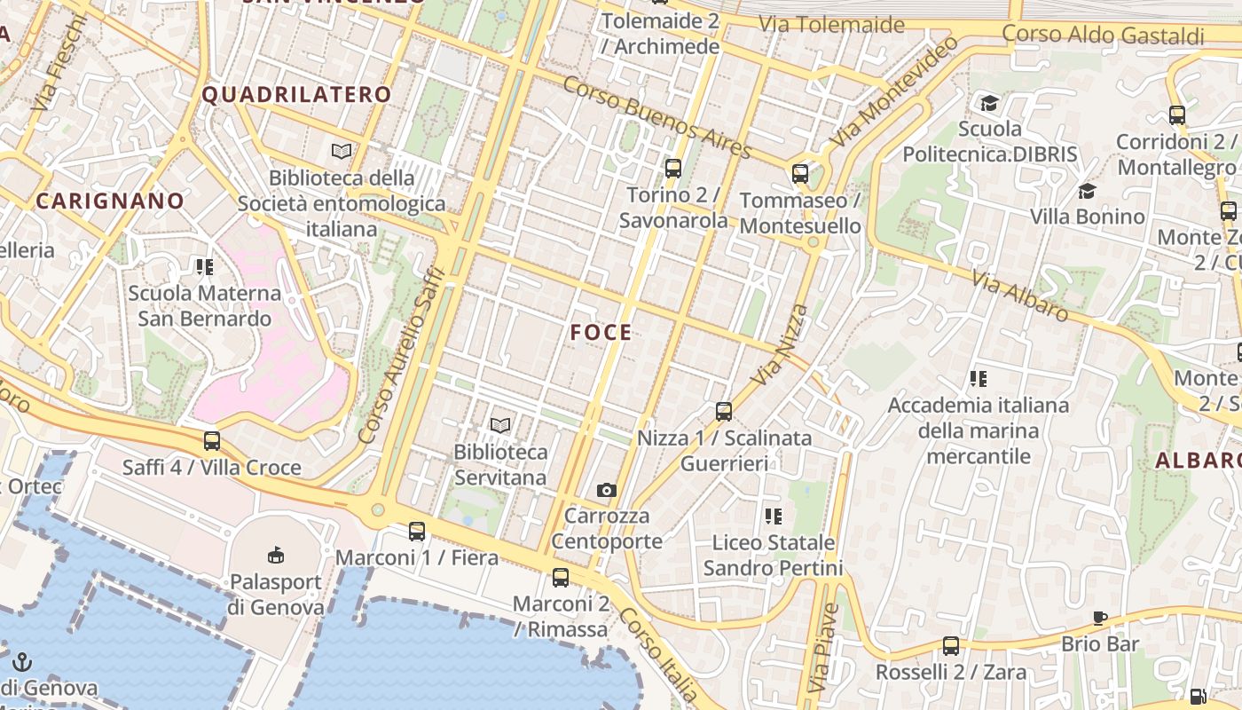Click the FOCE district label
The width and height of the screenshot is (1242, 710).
click(x=601, y=333)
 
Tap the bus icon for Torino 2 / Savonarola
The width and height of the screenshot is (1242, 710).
click(x=673, y=168)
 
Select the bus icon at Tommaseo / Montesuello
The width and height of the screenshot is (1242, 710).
click(x=800, y=173)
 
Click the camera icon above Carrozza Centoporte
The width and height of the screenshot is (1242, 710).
click(x=607, y=490)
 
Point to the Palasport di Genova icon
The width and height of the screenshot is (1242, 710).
click(x=276, y=556)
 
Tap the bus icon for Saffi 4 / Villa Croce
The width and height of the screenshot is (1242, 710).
click(x=212, y=440)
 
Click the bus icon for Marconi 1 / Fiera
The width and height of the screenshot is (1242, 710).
click(x=417, y=532)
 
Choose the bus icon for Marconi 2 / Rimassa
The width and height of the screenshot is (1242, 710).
click(x=561, y=578)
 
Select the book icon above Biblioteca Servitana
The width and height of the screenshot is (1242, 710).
click(x=500, y=426)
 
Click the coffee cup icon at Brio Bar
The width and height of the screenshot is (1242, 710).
click(x=1100, y=618)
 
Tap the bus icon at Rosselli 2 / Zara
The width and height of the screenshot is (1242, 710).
click(x=951, y=645)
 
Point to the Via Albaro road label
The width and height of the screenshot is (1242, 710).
click(x=1020, y=296)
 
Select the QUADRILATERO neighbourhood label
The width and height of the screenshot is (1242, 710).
click(x=297, y=95)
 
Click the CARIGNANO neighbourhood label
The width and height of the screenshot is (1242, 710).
click(x=110, y=201)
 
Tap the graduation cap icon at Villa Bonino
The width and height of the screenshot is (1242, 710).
click(x=1087, y=191)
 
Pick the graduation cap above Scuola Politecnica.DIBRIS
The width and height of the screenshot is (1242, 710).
click(x=989, y=103)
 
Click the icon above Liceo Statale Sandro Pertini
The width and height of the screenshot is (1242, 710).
click(x=774, y=516)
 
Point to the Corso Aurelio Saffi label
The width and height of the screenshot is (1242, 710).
click(x=398, y=355)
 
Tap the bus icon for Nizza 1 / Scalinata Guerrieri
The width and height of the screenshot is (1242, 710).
click(x=724, y=411)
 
